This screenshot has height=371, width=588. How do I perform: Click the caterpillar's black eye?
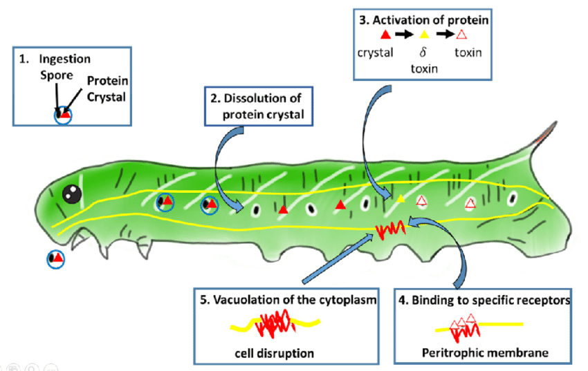(71, 194)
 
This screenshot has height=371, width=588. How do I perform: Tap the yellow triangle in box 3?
(424, 35)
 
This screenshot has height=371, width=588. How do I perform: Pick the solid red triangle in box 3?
(385, 35)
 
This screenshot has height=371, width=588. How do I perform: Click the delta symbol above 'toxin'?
(423, 53)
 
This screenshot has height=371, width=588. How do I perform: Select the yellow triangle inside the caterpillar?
(401, 199)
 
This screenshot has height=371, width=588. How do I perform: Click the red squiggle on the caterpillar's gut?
(389, 229)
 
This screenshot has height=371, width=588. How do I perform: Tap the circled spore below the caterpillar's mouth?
(55, 258)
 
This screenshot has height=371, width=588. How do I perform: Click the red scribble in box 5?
(275, 322)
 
